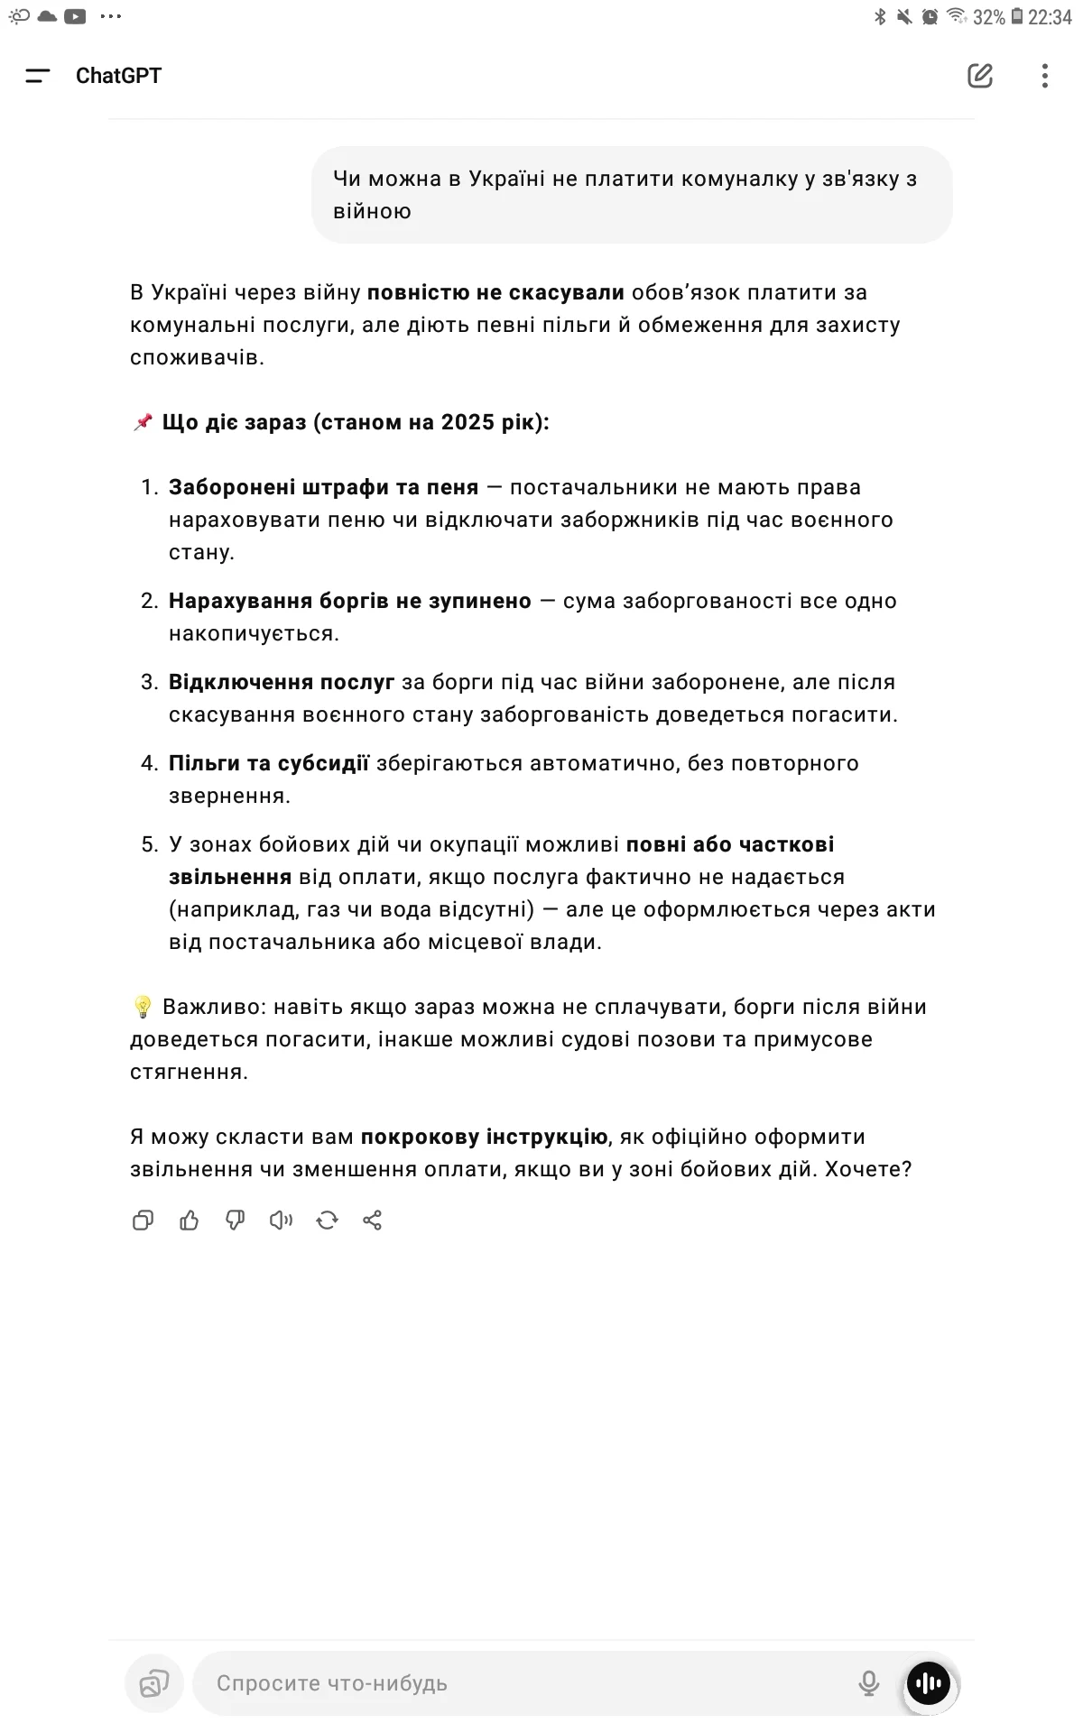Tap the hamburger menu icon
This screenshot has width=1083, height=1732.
coord(38,76)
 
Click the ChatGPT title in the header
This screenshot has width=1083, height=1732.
coord(118,76)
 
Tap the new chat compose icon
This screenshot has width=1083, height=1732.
coord(980,76)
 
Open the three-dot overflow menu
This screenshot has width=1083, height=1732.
coord(1044,76)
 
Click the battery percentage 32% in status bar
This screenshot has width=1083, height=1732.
coord(988,17)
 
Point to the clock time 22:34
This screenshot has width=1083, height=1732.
coord(1050,17)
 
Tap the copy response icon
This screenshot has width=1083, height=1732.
coord(143,1221)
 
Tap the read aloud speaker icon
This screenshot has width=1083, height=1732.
coord(281,1221)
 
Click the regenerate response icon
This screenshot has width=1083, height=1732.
coord(327,1221)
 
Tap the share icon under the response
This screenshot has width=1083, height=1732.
coord(373,1221)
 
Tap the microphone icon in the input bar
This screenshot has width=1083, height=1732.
coord(868,1682)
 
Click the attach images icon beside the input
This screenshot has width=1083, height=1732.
coord(154,1682)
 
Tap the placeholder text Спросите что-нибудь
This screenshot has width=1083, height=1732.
coord(332,1683)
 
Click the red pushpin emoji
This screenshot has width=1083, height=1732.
coord(143,422)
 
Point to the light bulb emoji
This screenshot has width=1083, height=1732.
coord(142,1007)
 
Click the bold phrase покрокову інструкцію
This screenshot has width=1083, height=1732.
coord(484,1137)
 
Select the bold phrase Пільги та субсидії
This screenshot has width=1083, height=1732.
coord(269,763)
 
